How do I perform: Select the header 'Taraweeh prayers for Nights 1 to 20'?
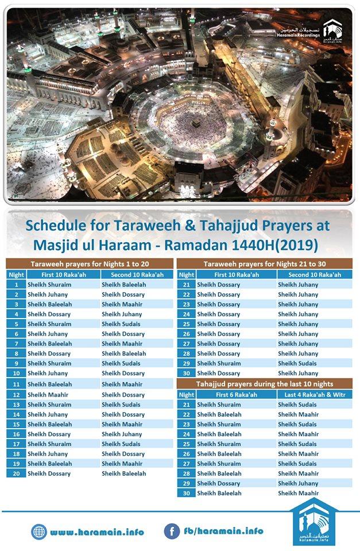coord(89,265)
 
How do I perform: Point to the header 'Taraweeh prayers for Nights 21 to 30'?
coord(264,265)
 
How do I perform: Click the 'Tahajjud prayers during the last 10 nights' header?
coord(264,383)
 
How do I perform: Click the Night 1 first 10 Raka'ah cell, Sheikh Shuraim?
coord(49,285)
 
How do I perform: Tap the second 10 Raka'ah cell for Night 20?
coord(124,474)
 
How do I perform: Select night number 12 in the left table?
coord(17,395)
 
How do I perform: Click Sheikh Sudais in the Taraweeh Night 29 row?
coord(297,363)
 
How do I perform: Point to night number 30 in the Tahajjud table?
coord(186,493)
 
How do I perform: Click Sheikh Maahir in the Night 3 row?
coord(122,304)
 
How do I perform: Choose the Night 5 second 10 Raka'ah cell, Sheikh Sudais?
coord(121,324)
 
